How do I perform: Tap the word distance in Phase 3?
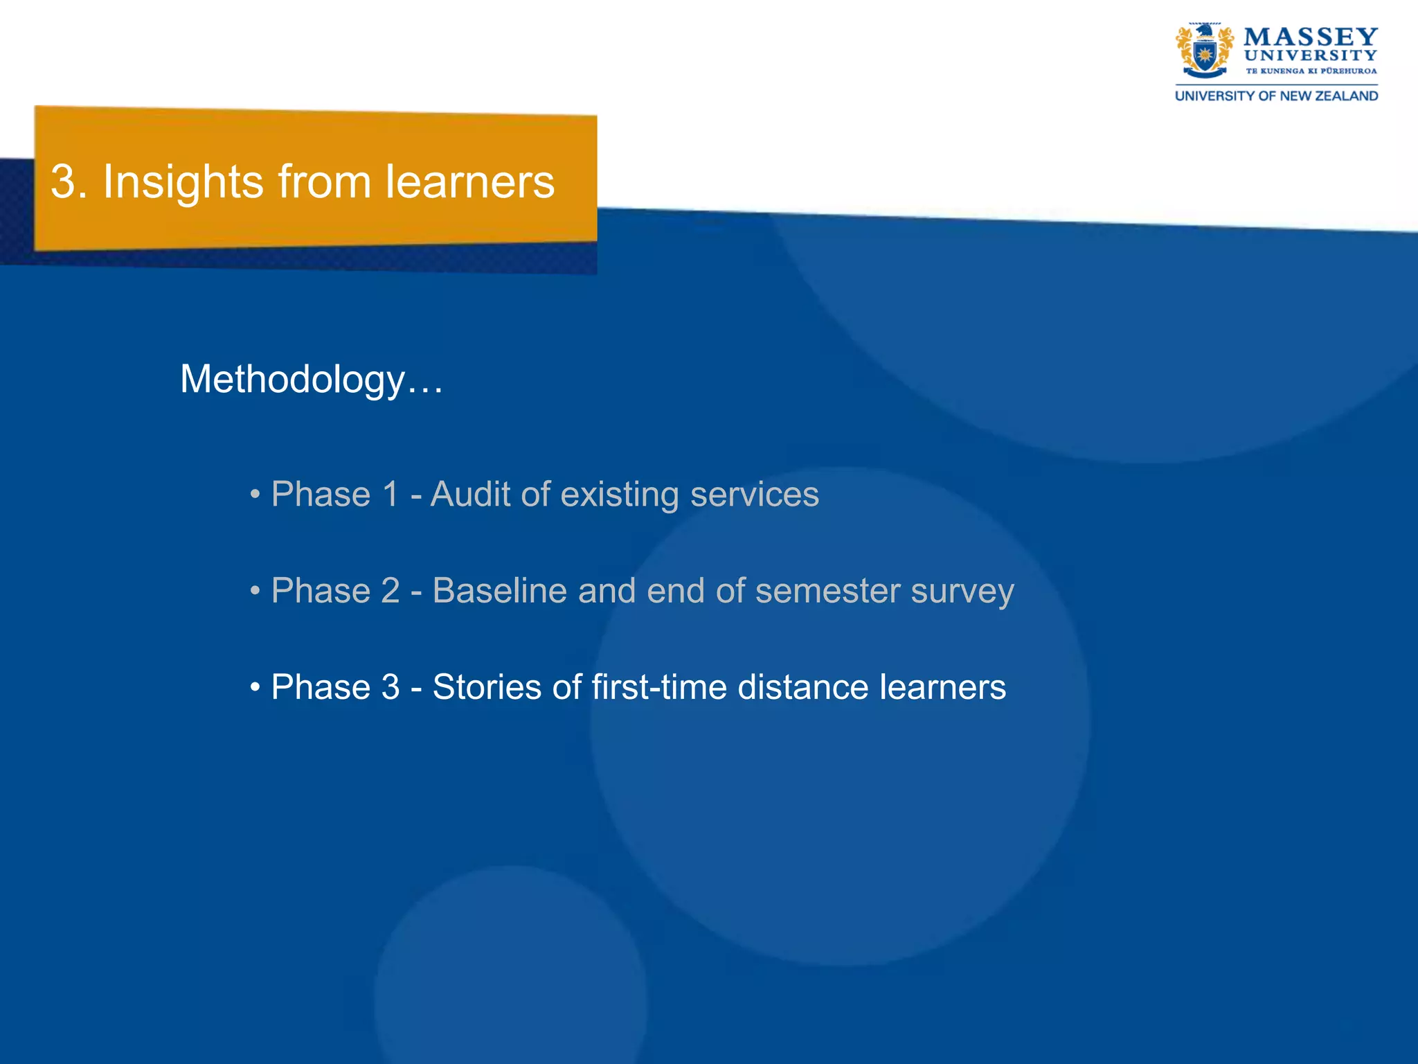tap(802, 687)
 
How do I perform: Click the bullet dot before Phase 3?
tap(255, 689)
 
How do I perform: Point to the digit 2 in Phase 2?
tap(390, 591)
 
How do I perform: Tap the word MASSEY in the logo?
tap(1310, 37)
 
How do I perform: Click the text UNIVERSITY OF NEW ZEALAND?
tap(1276, 96)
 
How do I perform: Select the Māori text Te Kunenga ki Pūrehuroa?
tap(1311, 71)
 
